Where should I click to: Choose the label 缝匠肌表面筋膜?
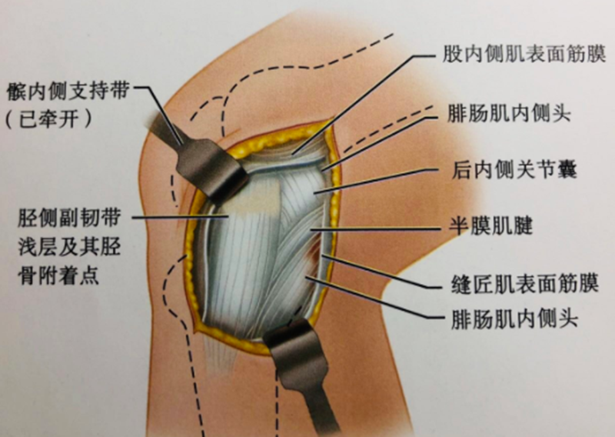point(520,282)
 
